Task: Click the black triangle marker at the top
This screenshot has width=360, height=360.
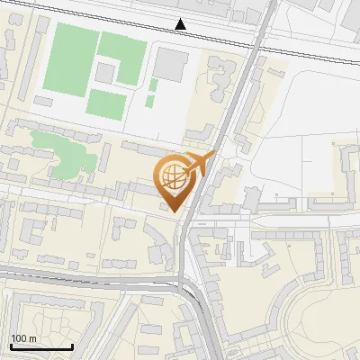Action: click(x=181, y=24)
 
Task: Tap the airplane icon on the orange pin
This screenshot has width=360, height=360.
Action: click(x=200, y=163)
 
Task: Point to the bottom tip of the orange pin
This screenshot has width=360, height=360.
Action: click(x=175, y=211)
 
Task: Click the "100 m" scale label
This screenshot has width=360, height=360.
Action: click(x=24, y=338)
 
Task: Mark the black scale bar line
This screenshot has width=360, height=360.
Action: click(x=41, y=346)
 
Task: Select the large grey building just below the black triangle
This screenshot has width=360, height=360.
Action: click(x=170, y=65)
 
